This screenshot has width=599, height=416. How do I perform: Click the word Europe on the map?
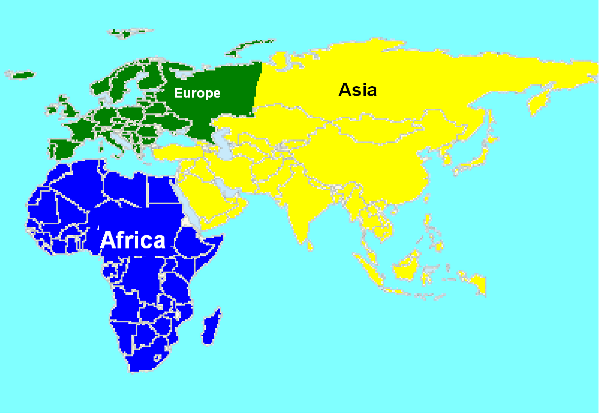(x=197, y=93)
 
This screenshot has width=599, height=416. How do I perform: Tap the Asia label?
(x=358, y=90)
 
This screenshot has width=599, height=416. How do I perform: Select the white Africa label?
(x=132, y=241)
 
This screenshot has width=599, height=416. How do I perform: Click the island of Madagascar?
(x=211, y=326)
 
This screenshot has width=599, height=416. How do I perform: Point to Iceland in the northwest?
(x=22, y=75)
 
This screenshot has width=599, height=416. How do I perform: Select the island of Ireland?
(x=52, y=109)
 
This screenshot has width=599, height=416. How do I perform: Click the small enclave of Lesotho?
(x=158, y=358)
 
